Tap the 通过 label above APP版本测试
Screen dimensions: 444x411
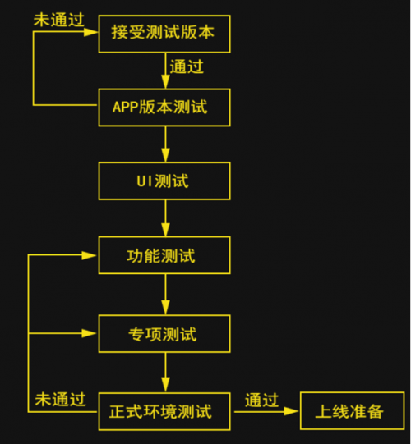pos(187,66)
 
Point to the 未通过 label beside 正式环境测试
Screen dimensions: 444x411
pos(60,400)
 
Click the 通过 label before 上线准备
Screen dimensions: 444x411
pos(261,400)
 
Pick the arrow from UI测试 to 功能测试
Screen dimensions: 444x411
pos(165,218)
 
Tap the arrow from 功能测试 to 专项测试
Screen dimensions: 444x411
pos(165,295)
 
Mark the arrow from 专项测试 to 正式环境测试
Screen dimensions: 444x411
pos(165,373)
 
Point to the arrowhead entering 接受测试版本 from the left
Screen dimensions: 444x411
pos(92,33)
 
